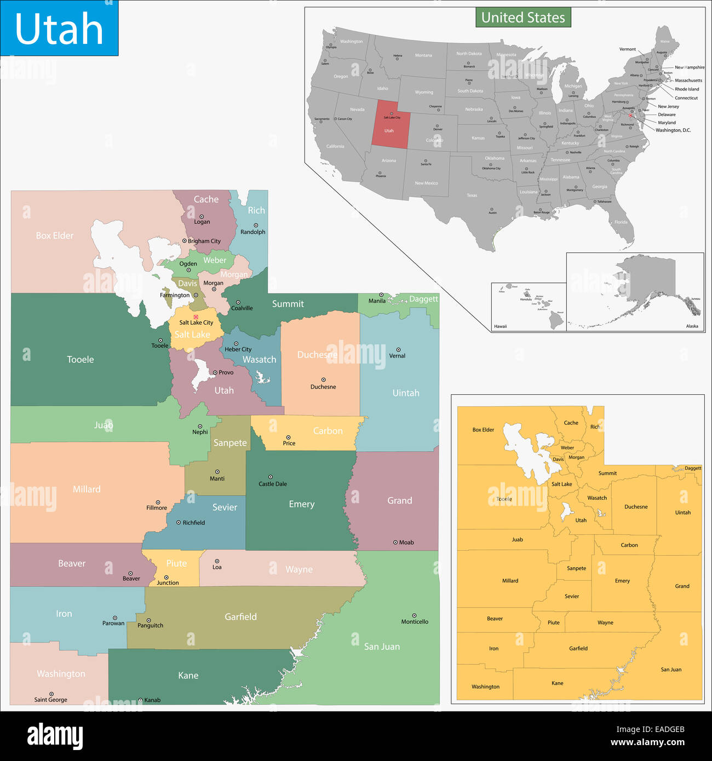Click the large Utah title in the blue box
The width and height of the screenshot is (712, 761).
pyautogui.click(x=59, y=28)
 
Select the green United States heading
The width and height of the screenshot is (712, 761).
pyautogui.click(x=523, y=18)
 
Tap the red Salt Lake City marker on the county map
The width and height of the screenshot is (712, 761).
pyautogui.click(x=196, y=317)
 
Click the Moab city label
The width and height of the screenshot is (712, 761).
pyautogui.click(x=406, y=543)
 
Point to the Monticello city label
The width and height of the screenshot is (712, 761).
pyautogui.click(x=415, y=622)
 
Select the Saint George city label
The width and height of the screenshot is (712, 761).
pyautogui.click(x=51, y=700)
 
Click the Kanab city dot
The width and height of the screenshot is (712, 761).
pyautogui.click(x=140, y=700)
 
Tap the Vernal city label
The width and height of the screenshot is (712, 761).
pyautogui.click(x=397, y=356)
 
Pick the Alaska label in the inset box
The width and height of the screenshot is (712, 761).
pyautogui.click(x=692, y=326)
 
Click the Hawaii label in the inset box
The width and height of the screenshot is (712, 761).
pyautogui.click(x=501, y=326)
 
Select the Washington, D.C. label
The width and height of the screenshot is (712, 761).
pyautogui.click(x=673, y=130)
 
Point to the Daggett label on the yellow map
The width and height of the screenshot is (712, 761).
pyautogui.click(x=693, y=468)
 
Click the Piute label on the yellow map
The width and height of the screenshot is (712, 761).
pyautogui.click(x=554, y=622)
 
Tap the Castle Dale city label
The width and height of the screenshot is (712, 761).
pyautogui.click(x=273, y=484)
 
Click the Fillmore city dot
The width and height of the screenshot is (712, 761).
pyautogui.click(x=158, y=502)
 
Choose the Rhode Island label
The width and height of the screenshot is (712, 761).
pyautogui.click(x=687, y=89)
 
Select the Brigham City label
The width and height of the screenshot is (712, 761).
pyautogui.click(x=204, y=241)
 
